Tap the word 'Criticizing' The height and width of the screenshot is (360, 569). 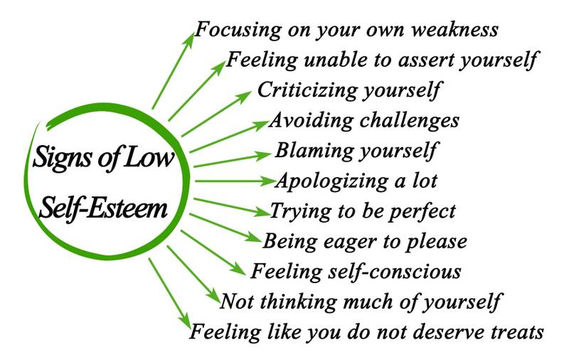307,90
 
